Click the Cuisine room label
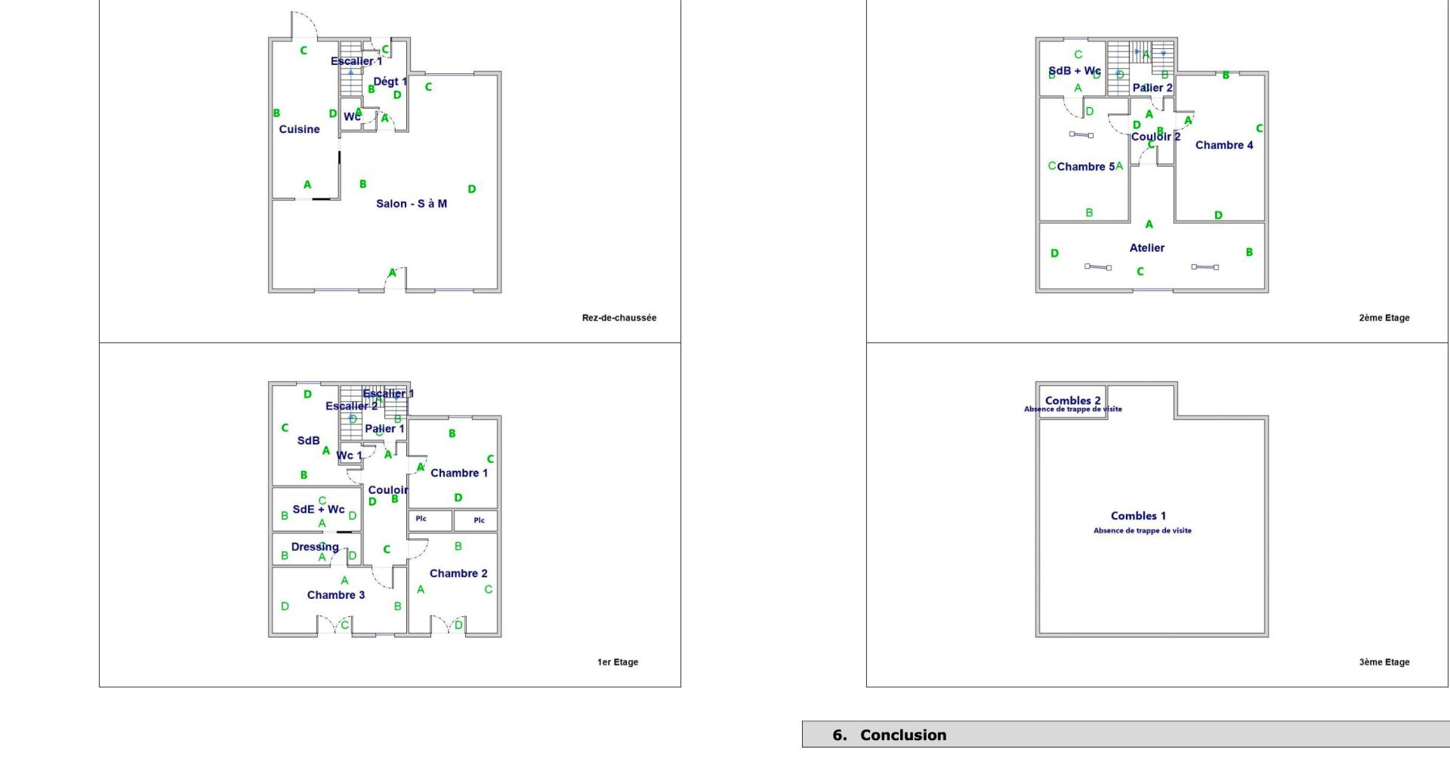coord(299,129)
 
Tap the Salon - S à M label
coord(412,203)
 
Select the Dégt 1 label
coord(390,82)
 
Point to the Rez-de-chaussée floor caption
coord(619,318)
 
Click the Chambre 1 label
coord(458,473)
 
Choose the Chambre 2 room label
coord(458,573)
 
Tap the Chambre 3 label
coord(335,595)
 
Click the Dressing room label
coord(315,547)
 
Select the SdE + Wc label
coord(318,510)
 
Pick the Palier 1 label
coord(384,429)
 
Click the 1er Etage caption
coord(618,662)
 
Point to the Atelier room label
coord(1146,248)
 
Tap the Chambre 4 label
coord(1223,145)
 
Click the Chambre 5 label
coord(1085,167)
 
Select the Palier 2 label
coord(1152,88)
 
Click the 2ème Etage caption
coord(1384,318)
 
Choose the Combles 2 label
coord(1072,400)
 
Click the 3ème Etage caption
coord(1384,662)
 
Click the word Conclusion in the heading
coord(902,735)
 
